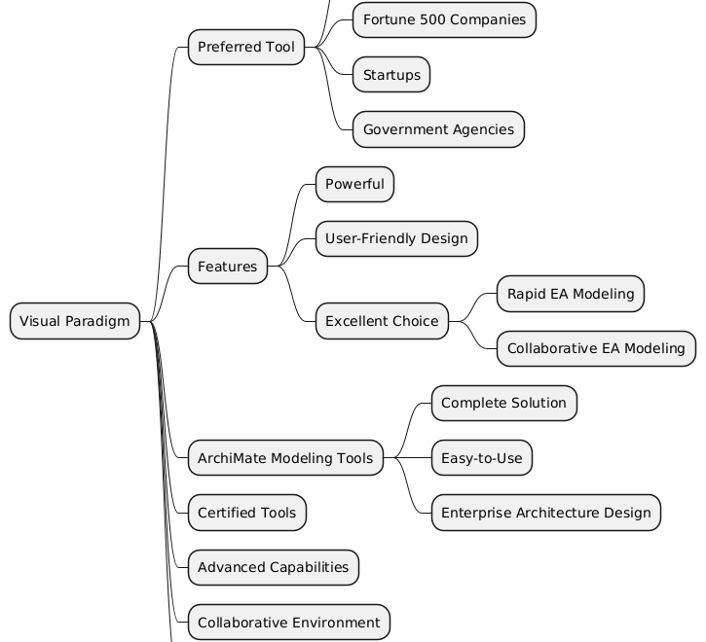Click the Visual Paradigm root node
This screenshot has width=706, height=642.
[75, 321]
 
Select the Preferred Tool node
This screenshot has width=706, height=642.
[245, 47]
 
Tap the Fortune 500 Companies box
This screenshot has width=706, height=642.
[444, 19]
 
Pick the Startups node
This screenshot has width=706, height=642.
[390, 75]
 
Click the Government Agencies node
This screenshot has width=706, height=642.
[438, 129]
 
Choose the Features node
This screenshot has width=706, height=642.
[227, 267]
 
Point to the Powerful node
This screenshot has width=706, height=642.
[354, 185]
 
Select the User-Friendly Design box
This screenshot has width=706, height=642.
[396, 239]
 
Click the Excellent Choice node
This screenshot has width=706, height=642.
[381, 321]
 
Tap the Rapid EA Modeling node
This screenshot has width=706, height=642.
[571, 294]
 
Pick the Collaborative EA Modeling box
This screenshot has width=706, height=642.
[596, 348]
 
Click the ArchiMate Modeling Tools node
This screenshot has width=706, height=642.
[285, 457]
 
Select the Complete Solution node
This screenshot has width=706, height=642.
[503, 403]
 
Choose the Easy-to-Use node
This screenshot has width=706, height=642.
[481, 457]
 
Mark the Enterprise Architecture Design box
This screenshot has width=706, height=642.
[545, 513]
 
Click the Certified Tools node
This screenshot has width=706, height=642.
[247, 513]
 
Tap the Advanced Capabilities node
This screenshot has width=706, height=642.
[273, 567]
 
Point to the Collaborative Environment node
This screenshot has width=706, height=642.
[288, 622]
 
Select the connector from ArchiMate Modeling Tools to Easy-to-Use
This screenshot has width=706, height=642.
[408, 457]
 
